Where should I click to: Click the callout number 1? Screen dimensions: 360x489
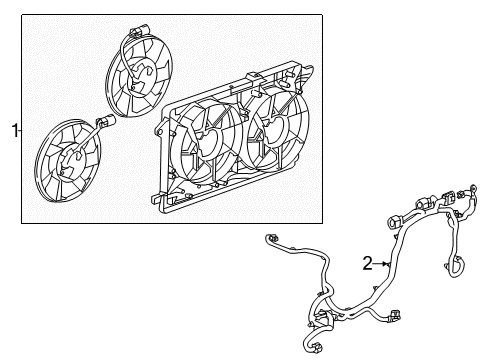pos(14,129)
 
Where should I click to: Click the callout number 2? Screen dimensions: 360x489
pos(368,263)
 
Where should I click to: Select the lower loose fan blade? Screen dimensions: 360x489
pos(67,165)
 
